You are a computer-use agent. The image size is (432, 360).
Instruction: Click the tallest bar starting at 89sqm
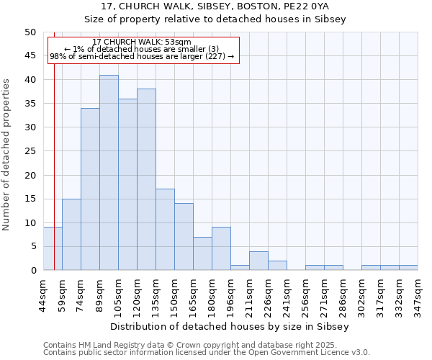(x=109, y=173)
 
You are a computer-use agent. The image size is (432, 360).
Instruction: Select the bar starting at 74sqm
(x=90, y=189)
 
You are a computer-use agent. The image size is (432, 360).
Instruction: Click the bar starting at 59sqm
(x=71, y=235)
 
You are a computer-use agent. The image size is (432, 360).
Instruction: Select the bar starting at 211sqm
(x=258, y=261)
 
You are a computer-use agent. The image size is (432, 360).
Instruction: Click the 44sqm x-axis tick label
(x=44, y=292)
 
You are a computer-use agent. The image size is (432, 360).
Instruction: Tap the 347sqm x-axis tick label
(x=418, y=292)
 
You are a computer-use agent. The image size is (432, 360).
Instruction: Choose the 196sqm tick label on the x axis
(x=231, y=292)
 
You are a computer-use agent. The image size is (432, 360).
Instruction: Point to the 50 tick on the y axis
(x=30, y=32)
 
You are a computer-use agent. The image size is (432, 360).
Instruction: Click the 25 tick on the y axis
(x=30, y=151)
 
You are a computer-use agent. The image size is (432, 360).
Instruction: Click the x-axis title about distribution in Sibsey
(x=230, y=326)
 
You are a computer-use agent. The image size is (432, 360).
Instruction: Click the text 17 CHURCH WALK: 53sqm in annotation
(x=142, y=42)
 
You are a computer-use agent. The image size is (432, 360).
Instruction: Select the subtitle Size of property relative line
(x=215, y=19)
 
